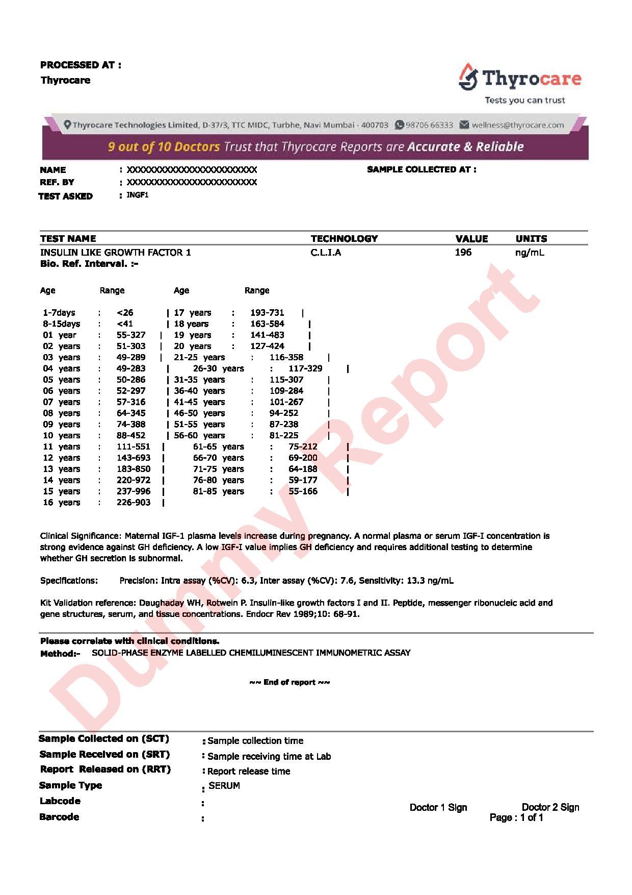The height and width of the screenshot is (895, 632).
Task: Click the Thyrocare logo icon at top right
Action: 468,76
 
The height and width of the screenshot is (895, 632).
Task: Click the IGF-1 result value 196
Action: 463,252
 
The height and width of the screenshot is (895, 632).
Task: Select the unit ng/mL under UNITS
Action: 530,252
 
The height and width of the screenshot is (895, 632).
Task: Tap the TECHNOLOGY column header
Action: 344,238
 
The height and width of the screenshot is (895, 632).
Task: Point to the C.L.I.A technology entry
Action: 326,252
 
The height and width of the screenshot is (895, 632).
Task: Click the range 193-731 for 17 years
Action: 267,313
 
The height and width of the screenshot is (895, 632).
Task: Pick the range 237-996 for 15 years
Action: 134,491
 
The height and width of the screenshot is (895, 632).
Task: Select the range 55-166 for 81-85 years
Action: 303,491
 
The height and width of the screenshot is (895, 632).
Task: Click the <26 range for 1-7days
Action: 125,313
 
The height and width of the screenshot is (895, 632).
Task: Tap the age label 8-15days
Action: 62,324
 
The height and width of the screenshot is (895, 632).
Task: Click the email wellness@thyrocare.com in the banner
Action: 517,125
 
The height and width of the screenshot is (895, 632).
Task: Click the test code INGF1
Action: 138,195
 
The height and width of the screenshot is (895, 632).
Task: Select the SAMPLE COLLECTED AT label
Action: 422,169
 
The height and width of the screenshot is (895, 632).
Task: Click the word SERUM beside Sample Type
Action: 224,786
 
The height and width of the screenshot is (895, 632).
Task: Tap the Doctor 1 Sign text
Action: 438,807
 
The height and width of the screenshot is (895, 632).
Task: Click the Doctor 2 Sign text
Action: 550,807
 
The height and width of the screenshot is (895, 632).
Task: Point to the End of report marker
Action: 289,682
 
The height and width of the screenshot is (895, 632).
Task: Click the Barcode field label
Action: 59,817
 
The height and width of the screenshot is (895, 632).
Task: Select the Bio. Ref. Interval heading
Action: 89,264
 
